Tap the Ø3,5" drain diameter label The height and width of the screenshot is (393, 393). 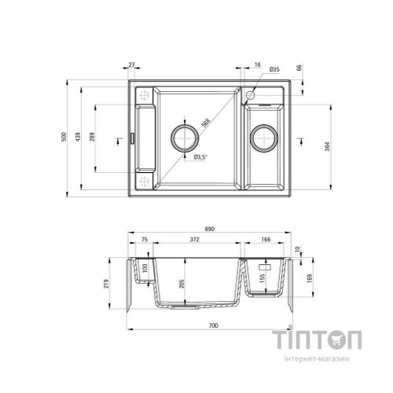[200, 157]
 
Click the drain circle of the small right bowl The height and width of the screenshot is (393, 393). [262, 139]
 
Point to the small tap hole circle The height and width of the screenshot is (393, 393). [248, 96]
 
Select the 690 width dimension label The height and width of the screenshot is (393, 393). [210, 228]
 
